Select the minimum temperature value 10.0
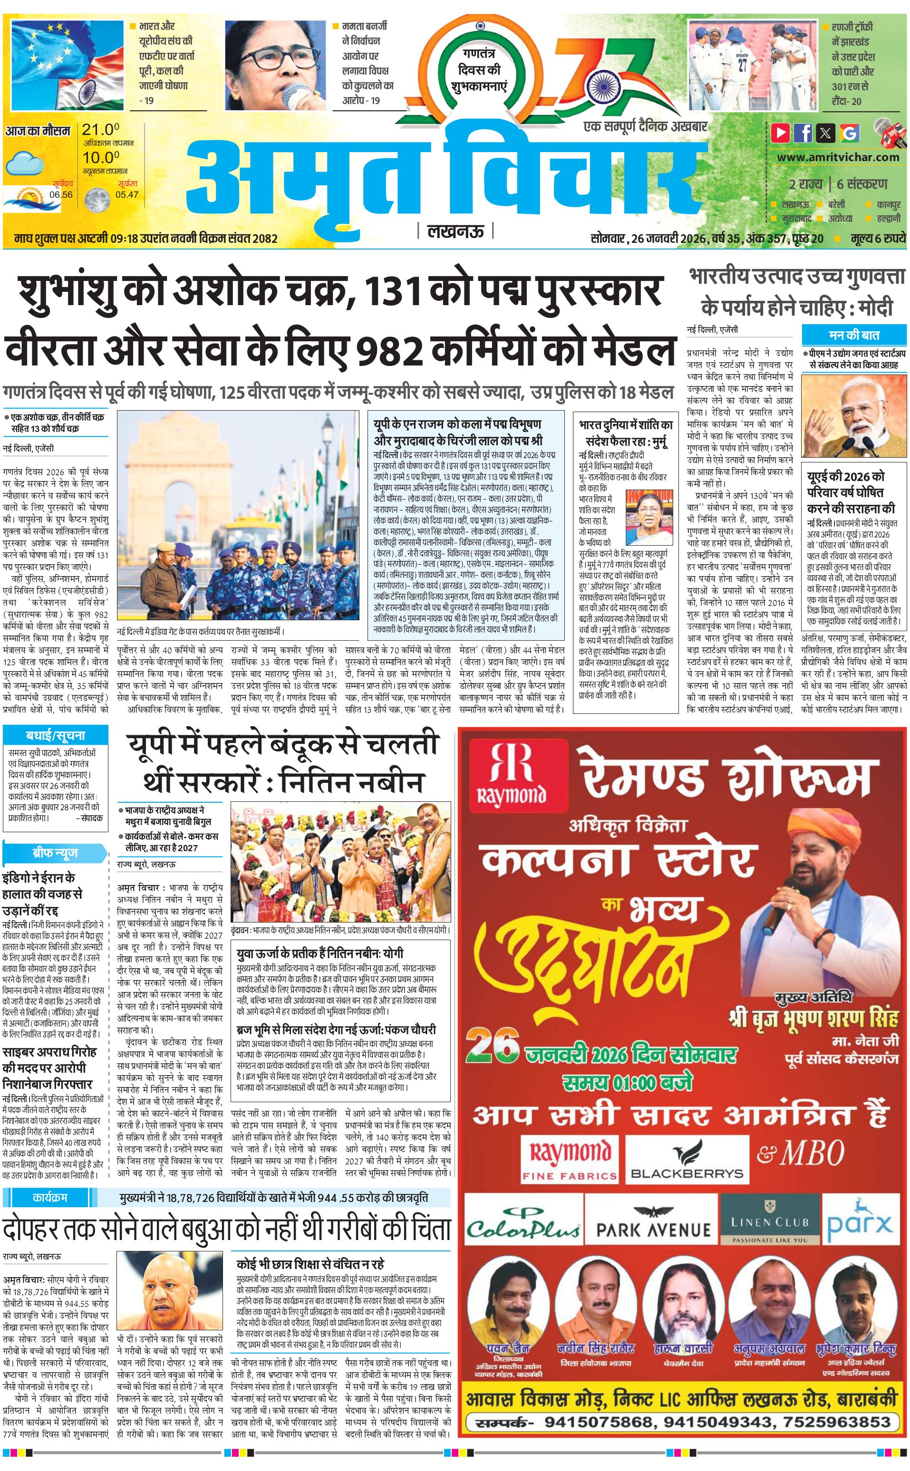(x=100, y=158)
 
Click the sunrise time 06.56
(x=61, y=194)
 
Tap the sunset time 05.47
(x=127, y=194)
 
